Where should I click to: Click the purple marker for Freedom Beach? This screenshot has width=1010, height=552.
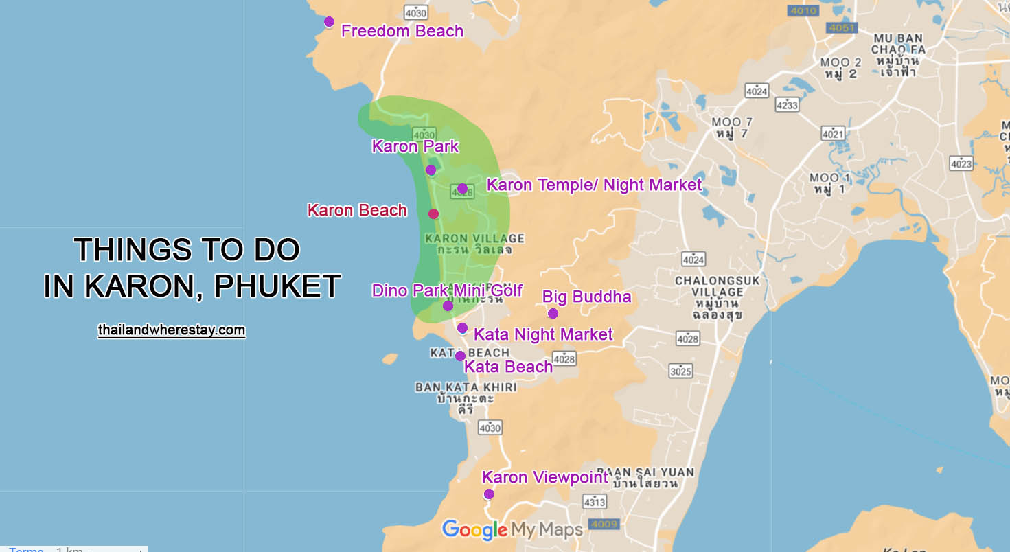click(329, 22)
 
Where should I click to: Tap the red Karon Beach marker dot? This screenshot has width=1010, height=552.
click(433, 214)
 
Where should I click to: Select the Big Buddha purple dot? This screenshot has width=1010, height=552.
click(553, 314)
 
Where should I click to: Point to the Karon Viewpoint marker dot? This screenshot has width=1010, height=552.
click(488, 494)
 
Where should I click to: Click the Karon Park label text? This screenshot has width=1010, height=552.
click(415, 146)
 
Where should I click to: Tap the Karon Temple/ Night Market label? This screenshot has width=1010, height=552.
click(594, 185)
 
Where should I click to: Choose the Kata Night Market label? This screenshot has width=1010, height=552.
click(543, 334)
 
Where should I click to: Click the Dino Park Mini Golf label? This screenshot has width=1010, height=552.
click(447, 290)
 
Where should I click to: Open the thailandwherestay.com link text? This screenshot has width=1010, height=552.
click(172, 330)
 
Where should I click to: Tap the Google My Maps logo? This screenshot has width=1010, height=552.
click(512, 529)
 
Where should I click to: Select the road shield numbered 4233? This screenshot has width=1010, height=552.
click(787, 104)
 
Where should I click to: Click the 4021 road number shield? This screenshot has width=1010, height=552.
click(833, 134)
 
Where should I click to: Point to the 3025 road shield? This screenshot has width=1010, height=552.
click(680, 371)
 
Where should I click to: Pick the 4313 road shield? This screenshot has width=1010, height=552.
click(595, 503)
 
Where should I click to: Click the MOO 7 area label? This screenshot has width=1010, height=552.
click(731, 127)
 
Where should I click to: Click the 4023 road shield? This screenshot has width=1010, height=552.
click(961, 163)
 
